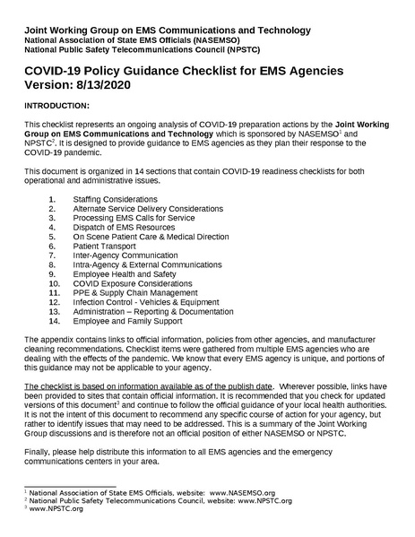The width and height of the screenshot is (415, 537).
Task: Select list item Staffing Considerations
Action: [115, 198]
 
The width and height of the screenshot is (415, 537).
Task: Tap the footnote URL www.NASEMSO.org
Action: [242, 492]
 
